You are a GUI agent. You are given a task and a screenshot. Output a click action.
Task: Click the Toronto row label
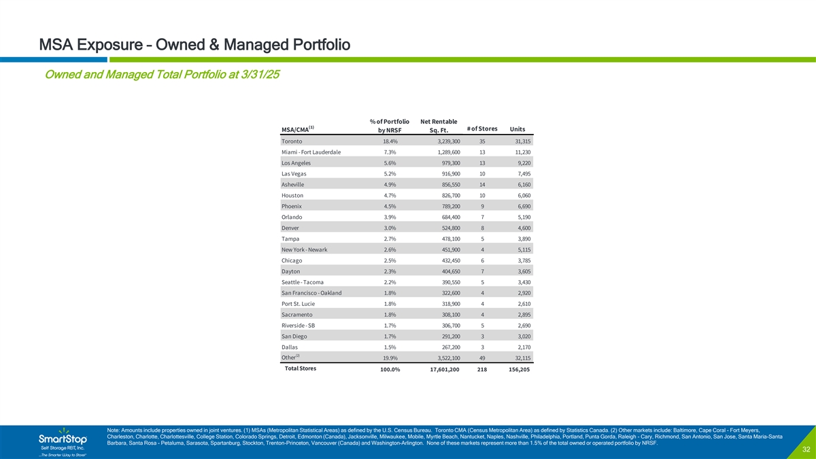293,141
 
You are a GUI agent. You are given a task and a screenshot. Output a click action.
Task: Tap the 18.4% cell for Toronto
389,141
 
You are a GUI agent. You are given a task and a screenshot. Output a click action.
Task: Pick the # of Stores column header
482,129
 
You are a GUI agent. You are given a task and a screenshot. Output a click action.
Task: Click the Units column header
517,130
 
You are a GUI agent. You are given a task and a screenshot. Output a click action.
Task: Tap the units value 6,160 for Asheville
520,185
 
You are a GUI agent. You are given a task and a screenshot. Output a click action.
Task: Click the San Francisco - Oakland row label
311,293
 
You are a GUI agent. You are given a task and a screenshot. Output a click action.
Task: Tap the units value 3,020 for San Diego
520,337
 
